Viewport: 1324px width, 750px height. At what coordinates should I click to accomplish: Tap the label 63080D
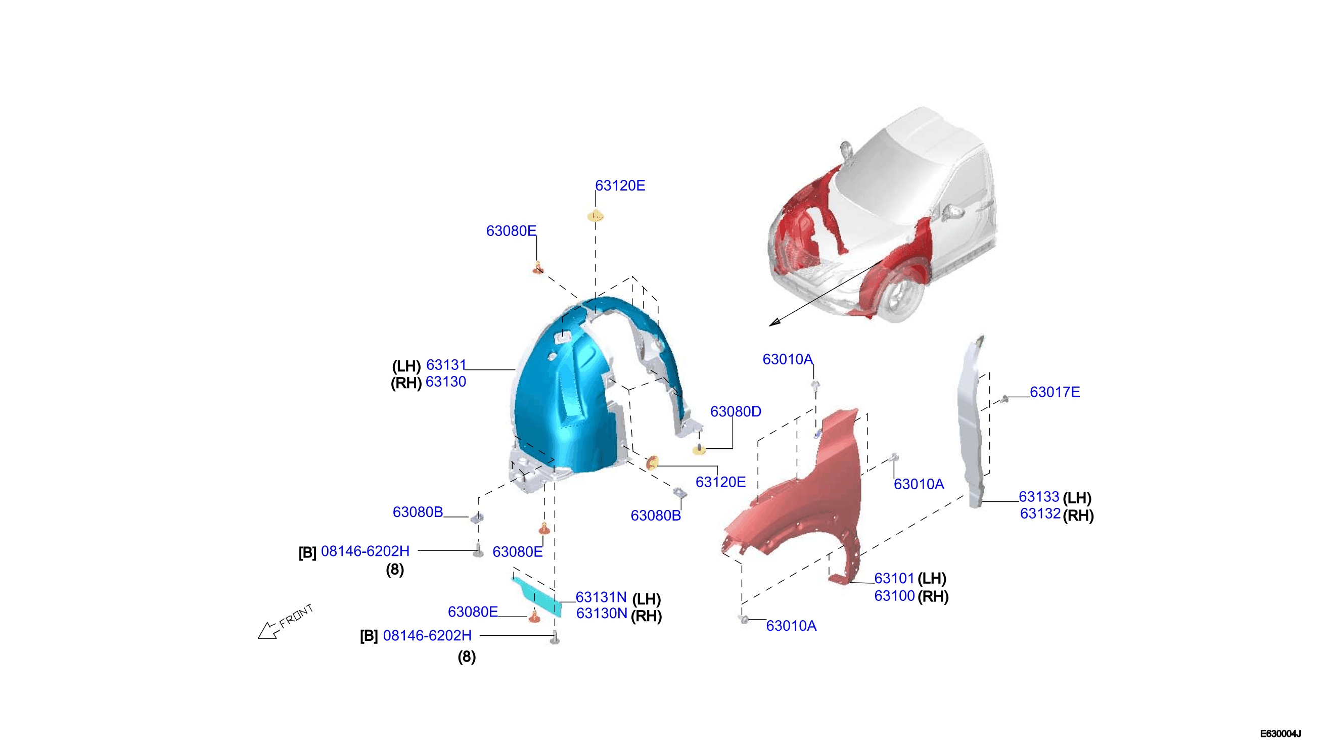click(735, 411)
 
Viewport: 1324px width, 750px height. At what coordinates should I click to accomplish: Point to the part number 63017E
click(1055, 392)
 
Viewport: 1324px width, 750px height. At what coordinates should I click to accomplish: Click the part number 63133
click(1038, 497)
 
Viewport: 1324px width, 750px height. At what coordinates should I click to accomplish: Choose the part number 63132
click(1039, 513)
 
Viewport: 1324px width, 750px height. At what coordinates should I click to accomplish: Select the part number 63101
click(894, 578)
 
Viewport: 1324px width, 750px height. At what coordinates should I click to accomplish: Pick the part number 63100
click(894, 595)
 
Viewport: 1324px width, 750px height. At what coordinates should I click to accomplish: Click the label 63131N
click(601, 597)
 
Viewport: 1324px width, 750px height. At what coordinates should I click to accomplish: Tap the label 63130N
click(601, 613)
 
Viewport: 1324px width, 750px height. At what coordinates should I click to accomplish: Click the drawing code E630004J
click(1280, 733)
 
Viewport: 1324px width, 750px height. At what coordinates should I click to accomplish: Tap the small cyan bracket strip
click(536, 596)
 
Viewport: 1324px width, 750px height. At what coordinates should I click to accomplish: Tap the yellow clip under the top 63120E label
click(596, 216)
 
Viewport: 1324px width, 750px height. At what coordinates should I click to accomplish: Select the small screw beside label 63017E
click(1003, 399)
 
